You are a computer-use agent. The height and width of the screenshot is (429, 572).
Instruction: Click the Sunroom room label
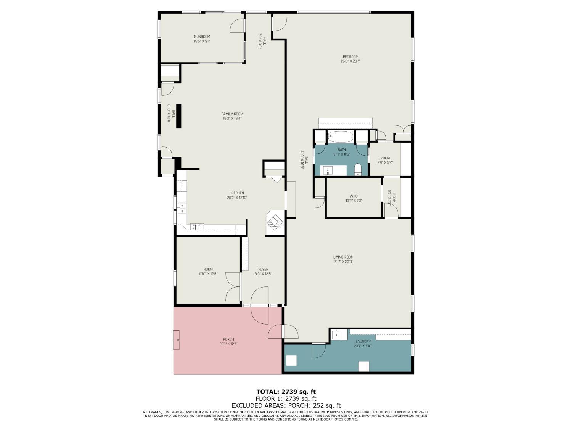(x=202, y=37)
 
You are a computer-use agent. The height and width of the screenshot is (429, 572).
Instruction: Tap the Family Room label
(x=232, y=114)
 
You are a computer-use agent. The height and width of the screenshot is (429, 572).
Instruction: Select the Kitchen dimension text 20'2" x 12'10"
(x=237, y=198)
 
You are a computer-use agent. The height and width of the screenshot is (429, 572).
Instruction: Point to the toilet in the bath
(x=358, y=169)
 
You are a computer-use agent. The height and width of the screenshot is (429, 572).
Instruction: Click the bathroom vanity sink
(x=328, y=170)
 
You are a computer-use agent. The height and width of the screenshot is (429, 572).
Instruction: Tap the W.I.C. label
(x=354, y=196)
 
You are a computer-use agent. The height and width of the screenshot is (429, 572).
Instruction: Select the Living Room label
(x=343, y=257)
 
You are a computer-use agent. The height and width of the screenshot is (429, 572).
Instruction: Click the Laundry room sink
(x=337, y=335)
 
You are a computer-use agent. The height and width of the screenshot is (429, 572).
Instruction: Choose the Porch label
(x=228, y=339)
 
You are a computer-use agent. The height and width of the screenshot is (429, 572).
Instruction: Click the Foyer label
(x=263, y=270)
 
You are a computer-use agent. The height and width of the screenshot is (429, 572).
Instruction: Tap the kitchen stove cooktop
(x=197, y=227)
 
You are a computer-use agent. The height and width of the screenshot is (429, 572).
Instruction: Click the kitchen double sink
(x=182, y=208)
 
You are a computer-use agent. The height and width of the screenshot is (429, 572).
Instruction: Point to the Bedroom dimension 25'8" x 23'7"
(x=350, y=61)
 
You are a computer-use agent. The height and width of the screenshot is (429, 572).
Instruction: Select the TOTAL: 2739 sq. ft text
(x=286, y=392)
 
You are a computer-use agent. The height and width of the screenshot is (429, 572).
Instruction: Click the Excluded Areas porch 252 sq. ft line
(x=286, y=406)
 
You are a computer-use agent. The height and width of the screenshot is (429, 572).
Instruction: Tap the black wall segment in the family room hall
(x=178, y=116)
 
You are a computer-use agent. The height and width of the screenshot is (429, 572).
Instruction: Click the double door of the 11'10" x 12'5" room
(x=233, y=287)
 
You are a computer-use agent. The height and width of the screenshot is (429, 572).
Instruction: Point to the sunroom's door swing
(x=236, y=26)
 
